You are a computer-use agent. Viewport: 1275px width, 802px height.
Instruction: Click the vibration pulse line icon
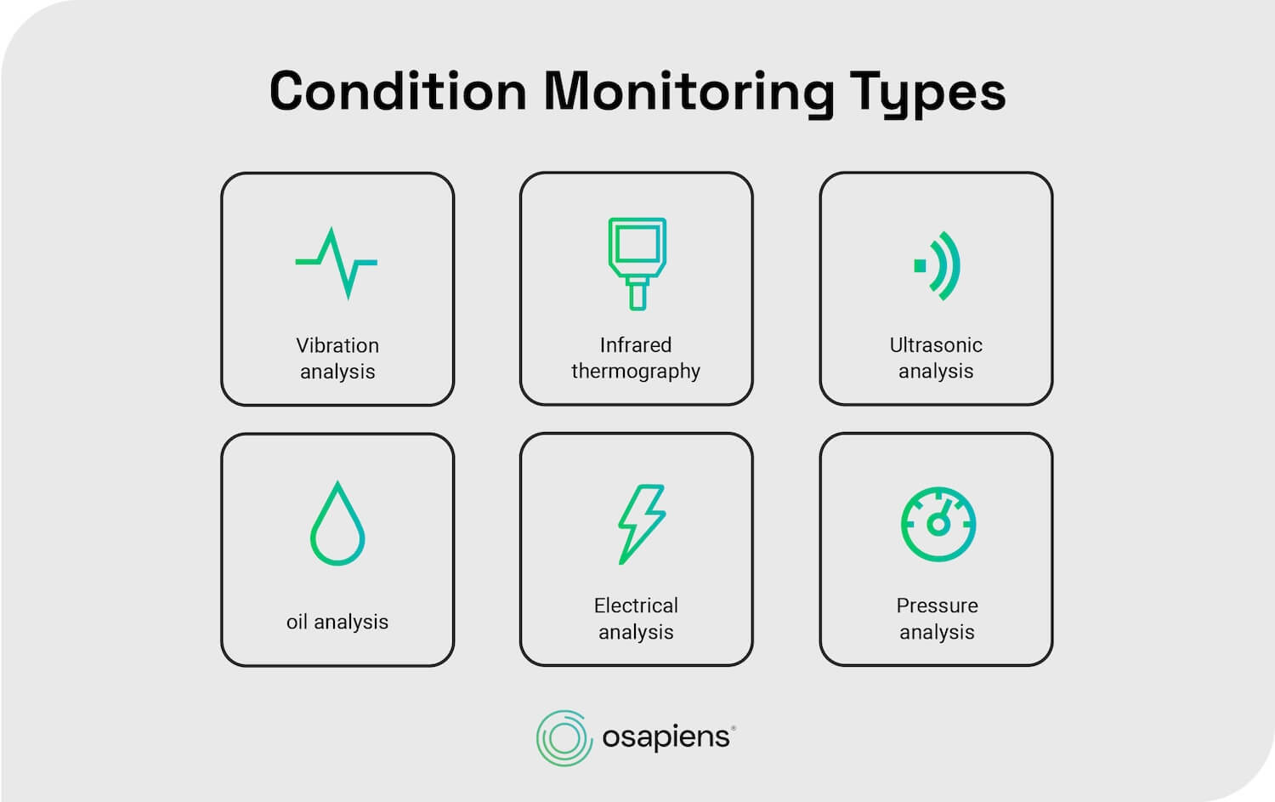(x=337, y=263)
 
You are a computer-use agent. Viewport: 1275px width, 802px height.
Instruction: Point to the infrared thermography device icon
(x=637, y=264)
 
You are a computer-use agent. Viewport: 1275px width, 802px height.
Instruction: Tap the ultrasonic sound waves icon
(x=938, y=265)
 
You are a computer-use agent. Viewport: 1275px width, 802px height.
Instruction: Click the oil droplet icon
(x=337, y=524)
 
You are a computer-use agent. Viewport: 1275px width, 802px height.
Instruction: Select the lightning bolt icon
(x=641, y=524)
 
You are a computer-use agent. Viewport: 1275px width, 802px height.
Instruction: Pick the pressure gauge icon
(x=938, y=524)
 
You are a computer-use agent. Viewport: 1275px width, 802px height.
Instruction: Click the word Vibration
(x=337, y=345)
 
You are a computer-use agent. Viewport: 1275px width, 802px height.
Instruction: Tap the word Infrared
(x=636, y=344)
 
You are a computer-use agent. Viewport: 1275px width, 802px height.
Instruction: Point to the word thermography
(x=636, y=371)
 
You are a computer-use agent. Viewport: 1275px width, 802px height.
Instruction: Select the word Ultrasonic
(x=936, y=344)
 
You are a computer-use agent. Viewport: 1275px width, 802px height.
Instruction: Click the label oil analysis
(x=337, y=622)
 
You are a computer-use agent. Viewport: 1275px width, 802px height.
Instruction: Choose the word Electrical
(x=636, y=606)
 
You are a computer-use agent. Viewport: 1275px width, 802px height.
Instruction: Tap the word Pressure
(x=937, y=606)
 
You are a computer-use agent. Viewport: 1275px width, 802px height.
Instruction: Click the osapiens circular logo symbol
(x=563, y=737)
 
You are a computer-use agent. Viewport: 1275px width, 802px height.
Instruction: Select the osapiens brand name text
(x=666, y=737)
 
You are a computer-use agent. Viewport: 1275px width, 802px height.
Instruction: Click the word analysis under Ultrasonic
(x=936, y=371)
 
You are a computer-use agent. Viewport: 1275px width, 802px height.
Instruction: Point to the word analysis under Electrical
(x=636, y=632)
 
